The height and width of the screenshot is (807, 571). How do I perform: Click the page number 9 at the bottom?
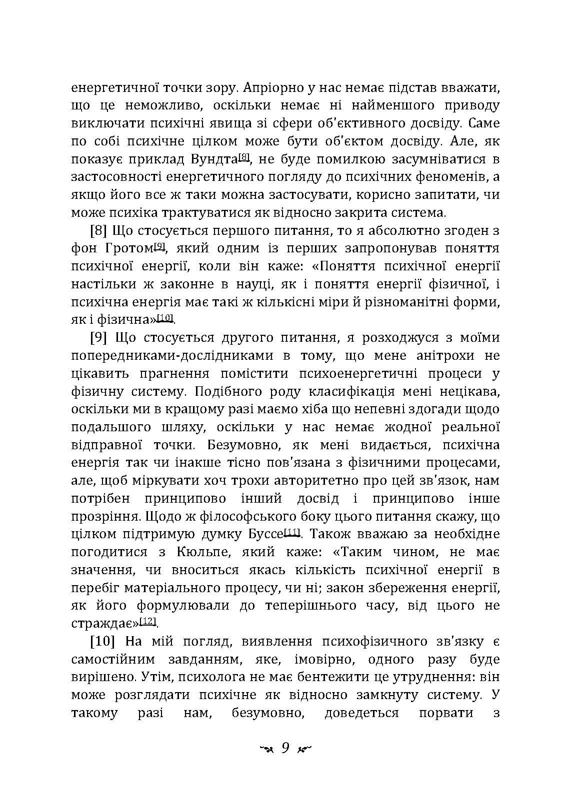click(x=285, y=748)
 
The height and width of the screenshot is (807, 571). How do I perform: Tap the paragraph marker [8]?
click(x=99, y=230)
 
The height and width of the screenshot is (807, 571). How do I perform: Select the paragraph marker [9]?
click(x=99, y=337)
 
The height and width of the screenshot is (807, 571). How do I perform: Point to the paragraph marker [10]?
click(x=103, y=641)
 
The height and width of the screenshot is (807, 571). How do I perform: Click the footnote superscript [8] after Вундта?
click(x=244, y=157)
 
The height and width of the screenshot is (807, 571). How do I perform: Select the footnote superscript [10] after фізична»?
click(x=165, y=318)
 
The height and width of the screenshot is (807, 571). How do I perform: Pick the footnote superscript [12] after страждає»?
click(x=148, y=621)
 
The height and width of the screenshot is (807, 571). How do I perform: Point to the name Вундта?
click(x=214, y=160)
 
